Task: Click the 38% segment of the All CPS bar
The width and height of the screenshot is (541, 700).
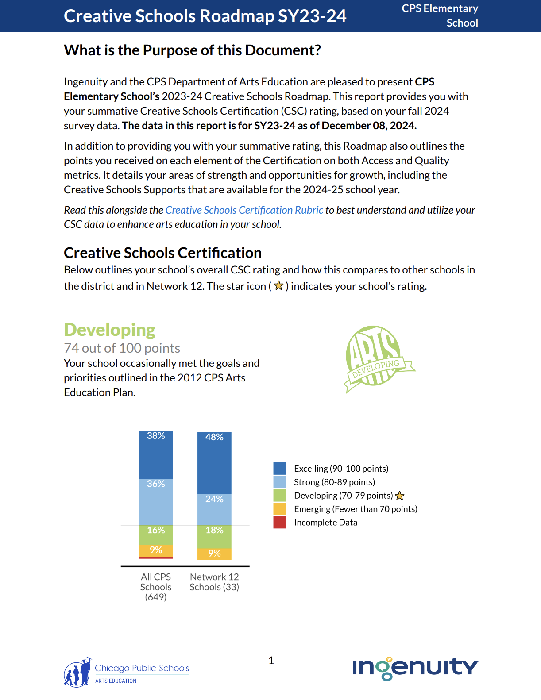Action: (156, 454)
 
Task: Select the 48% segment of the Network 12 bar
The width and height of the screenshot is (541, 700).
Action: (214, 463)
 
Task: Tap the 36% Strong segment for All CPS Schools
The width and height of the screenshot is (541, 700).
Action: (156, 502)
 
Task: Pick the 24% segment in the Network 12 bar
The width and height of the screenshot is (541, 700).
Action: (214, 509)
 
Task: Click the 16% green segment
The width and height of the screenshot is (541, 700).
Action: (156, 535)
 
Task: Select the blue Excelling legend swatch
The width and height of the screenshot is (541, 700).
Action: (279, 468)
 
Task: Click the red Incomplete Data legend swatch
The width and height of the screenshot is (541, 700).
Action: (279, 523)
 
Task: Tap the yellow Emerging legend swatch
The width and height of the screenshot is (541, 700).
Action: (279, 509)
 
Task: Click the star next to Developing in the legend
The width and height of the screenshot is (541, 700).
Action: (400, 496)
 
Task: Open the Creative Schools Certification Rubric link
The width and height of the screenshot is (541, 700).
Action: (244, 210)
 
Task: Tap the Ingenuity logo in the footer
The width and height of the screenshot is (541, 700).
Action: (415, 668)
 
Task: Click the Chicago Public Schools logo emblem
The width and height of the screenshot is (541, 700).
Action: (77, 673)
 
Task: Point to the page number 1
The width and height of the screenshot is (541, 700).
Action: (271, 661)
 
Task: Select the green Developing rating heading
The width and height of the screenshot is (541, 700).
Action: (109, 330)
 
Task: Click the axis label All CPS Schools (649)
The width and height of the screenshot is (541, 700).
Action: (156, 587)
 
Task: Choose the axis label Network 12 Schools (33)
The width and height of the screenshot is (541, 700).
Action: (214, 582)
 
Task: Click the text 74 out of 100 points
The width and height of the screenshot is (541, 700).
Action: (122, 348)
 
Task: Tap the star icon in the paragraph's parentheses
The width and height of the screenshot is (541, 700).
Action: (278, 286)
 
